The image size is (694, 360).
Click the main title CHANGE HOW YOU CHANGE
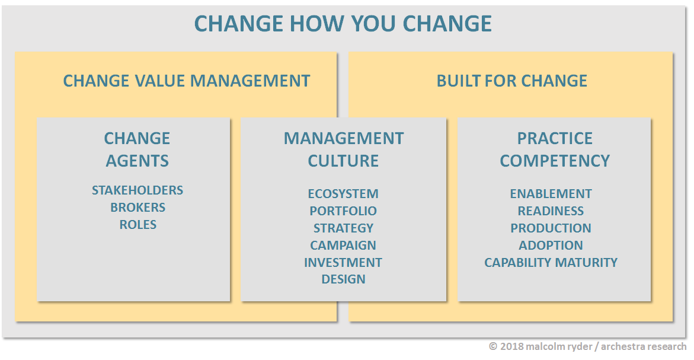343,24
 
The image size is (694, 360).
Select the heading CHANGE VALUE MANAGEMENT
186,81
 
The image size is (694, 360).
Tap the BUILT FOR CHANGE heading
511,81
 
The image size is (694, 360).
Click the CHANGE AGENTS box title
137,149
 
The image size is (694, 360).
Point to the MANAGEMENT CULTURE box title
344,149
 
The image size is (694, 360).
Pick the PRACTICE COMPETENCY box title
555,149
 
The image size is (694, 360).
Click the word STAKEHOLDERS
137,190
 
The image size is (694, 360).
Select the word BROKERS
137,207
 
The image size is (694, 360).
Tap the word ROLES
137,225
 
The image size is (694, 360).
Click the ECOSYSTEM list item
343,193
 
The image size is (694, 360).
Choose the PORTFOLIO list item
343,211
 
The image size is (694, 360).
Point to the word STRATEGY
343,228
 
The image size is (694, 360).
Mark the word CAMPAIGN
343,245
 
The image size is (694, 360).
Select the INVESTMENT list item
343,262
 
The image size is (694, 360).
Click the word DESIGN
344,279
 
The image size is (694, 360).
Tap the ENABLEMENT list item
551,193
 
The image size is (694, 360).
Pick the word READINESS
551,211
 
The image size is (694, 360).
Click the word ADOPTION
551,245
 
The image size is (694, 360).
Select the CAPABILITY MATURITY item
551,262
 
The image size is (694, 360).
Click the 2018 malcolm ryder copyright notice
588,346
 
